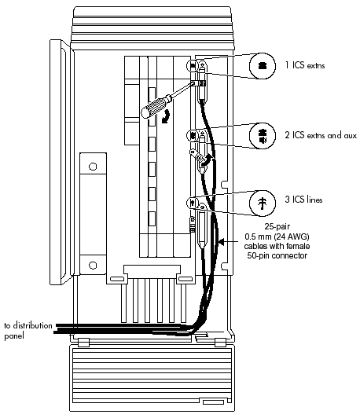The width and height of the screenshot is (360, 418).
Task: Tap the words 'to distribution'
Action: coord(24,325)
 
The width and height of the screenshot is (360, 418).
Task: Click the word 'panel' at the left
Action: coord(13,335)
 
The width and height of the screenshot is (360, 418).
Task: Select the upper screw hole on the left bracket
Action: coord(94,167)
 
